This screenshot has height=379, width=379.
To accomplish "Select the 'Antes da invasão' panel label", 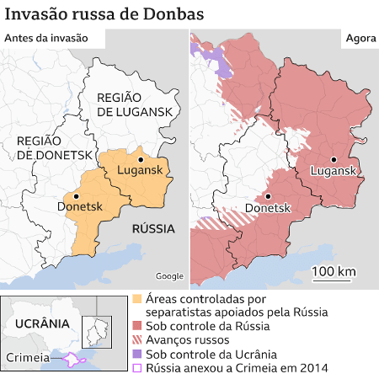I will point(47,38).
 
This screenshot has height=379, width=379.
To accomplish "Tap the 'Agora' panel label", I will point(359,39).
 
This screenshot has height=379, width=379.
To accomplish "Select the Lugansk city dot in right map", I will point(334,158).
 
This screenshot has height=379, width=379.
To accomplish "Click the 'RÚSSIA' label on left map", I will point(152,229).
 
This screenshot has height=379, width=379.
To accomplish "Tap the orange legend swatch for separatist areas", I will point(138,300).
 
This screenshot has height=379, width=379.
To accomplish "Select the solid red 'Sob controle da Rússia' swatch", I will point(138,326).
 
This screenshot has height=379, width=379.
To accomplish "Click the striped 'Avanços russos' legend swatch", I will point(138,340).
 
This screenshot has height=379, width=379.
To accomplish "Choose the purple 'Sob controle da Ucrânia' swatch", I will point(138,355).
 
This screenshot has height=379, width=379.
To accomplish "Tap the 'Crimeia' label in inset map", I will point(28,358).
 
